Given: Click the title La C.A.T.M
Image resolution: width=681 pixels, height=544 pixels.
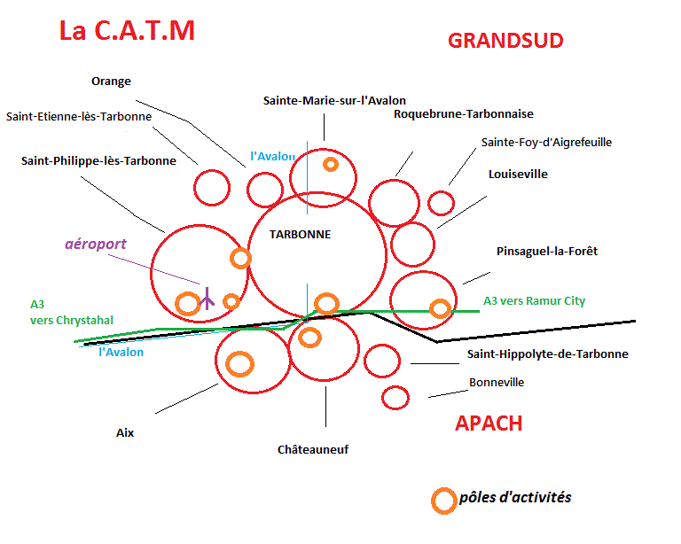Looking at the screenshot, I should tap(126, 31).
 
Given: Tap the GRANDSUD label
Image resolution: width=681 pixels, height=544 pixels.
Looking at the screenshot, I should tap(505, 41).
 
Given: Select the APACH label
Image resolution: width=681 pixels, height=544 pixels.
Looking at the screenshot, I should tap(489, 423).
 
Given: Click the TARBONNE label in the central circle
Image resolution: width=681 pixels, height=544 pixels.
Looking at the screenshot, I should tap(300, 235).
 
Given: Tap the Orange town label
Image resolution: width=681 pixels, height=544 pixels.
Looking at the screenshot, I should tap(111, 82).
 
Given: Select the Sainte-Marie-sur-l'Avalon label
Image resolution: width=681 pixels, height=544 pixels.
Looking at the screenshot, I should tap(334, 101).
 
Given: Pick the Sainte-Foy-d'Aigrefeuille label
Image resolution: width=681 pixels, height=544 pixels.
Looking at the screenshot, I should tap(546, 142).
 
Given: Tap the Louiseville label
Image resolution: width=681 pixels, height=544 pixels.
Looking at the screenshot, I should tap(518, 175).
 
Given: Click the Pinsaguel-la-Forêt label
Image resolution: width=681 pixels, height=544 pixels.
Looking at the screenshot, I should tap(547, 252).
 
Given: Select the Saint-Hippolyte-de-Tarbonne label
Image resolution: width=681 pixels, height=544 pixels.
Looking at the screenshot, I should tap(547, 354).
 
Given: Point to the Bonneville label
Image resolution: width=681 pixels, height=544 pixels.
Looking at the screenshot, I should tap(497, 383).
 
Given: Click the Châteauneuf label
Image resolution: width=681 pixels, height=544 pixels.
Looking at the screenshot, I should tap(313, 450).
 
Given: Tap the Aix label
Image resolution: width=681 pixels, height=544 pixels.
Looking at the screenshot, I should tap(125, 434).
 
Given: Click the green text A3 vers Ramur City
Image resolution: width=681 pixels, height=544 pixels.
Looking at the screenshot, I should tap(534, 301).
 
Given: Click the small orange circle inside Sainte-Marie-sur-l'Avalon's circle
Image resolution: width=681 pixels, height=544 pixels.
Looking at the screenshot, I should tap(330, 164).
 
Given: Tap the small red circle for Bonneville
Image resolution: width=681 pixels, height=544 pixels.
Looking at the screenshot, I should tap(395, 398).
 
